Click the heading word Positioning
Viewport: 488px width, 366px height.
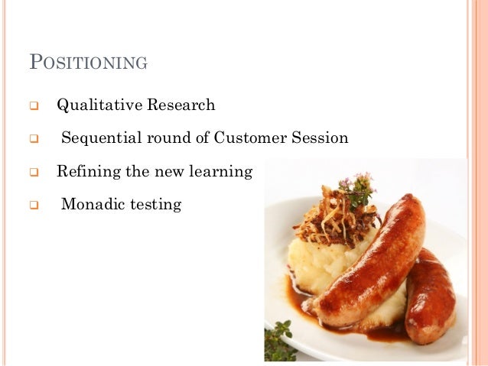[88, 63]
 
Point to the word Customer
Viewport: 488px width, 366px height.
[251, 138]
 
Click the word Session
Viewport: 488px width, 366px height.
[320, 138]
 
